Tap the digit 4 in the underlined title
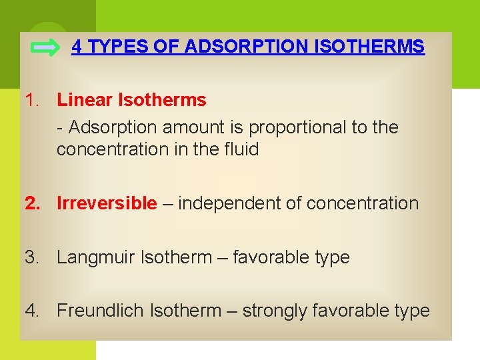click(77, 47)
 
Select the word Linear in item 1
click(85, 101)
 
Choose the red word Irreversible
click(107, 203)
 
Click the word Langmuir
click(95, 257)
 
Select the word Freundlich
click(101, 311)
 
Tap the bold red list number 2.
click(31, 203)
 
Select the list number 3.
click(31, 257)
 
